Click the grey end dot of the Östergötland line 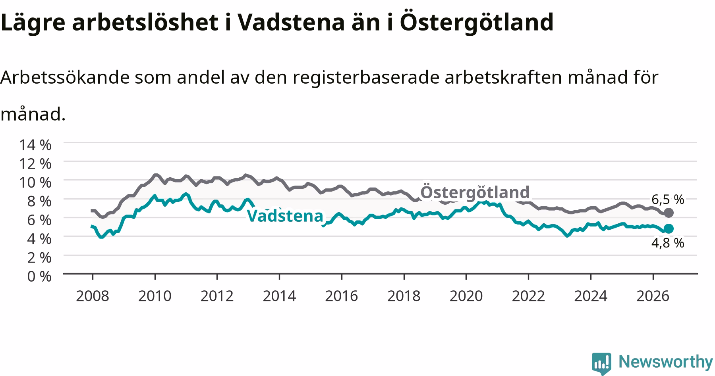coord(669,213)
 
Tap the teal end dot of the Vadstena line coord(669,228)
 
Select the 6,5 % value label coord(668,200)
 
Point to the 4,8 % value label coord(668,243)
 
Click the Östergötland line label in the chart coord(475,192)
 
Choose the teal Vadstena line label coord(285,216)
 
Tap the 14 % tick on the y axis coord(35,145)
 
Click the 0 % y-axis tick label coord(39,276)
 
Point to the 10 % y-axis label coord(35,182)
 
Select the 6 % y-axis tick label coord(39,220)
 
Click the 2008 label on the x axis coord(93,296)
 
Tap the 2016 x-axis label coord(342,296)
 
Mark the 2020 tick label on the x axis coord(466,296)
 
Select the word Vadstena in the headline coord(290,22)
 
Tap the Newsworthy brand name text coord(666,362)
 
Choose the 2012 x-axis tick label coord(217,296)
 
